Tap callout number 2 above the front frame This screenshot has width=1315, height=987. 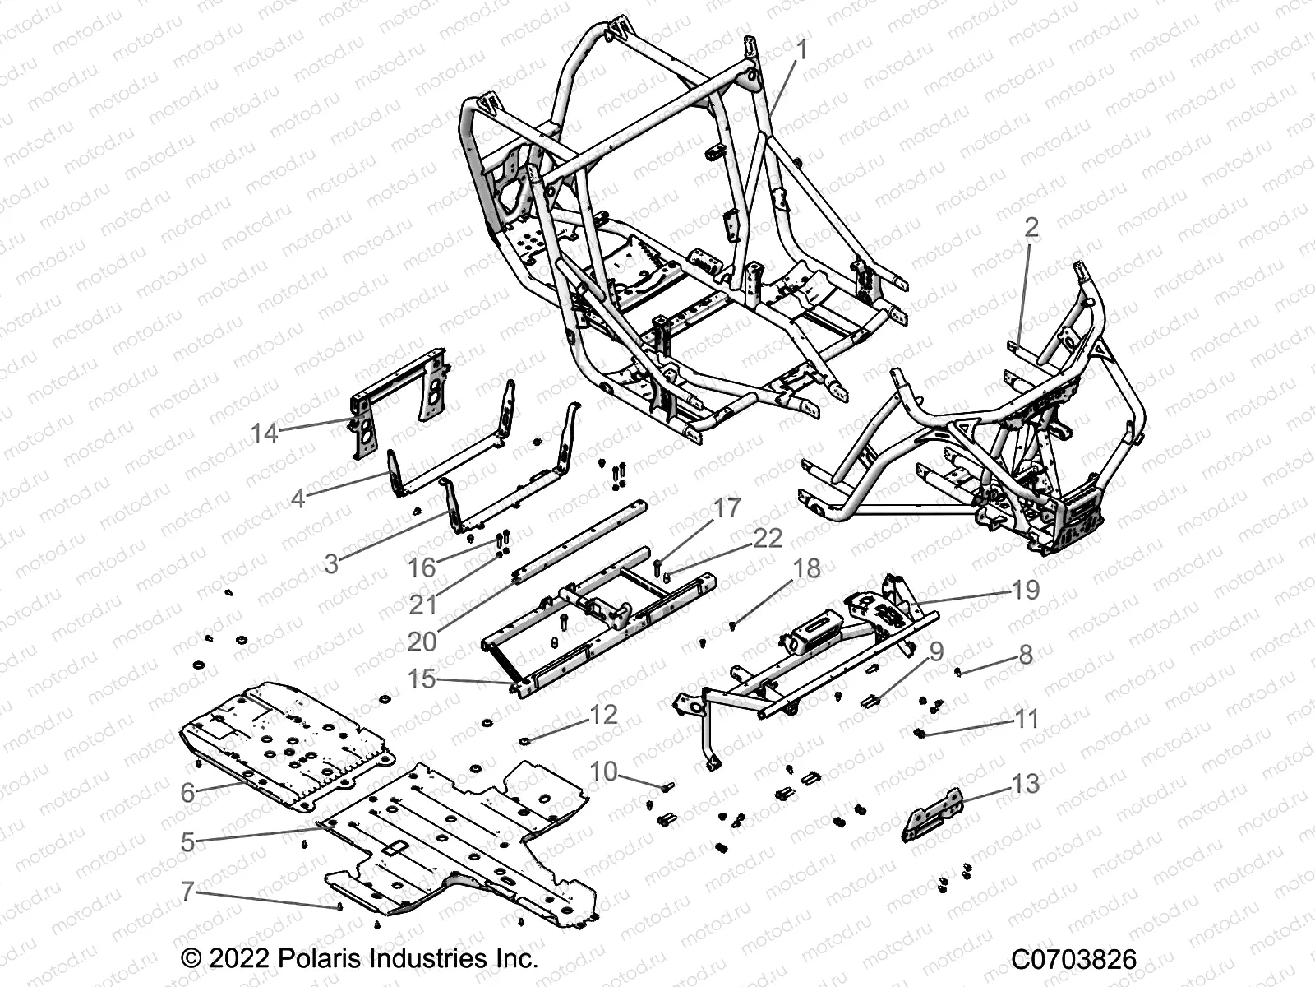1031,228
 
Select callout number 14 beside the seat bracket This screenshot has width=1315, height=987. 265,433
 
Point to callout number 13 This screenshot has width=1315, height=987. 1025,784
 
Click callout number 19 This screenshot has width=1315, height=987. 1026,590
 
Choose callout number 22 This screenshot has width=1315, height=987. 768,538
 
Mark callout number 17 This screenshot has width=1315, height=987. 727,508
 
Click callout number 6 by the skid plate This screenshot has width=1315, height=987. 187,792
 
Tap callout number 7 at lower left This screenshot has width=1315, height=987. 187,891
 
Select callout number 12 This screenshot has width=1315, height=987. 602,714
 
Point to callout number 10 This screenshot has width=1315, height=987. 603,772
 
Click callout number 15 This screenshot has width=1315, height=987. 422,679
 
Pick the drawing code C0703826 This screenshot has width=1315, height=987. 1073,959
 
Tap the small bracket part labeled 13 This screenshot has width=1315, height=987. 931,815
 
